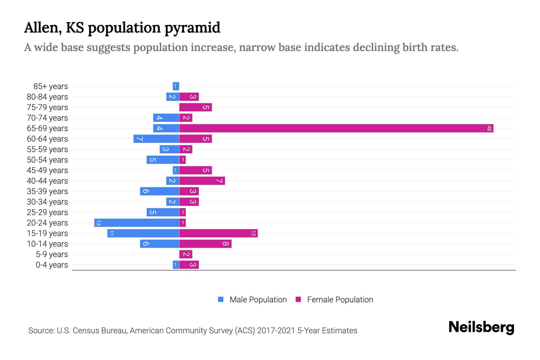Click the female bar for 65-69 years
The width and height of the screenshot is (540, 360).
(336, 128)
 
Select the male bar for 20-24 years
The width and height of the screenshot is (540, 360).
(136, 223)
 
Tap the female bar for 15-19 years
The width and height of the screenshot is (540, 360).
(218, 233)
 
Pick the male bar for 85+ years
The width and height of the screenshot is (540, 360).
(176, 86)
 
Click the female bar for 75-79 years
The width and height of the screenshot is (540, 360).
(196, 107)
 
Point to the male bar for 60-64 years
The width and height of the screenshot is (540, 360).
(156, 139)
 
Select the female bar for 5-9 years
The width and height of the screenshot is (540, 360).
(186, 254)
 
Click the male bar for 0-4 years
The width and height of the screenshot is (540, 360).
(176, 265)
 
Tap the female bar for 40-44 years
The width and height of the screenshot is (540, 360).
(202, 181)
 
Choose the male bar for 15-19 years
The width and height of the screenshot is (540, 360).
(143, 233)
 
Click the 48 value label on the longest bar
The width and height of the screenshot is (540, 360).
(489, 128)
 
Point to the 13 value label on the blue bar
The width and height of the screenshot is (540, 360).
(98, 223)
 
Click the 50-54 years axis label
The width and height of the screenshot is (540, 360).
(47, 160)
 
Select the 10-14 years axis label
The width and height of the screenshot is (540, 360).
(47, 244)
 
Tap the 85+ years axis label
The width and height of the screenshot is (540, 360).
(51, 86)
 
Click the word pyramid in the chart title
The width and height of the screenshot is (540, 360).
(192, 28)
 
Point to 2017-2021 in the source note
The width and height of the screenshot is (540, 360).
(276, 331)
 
